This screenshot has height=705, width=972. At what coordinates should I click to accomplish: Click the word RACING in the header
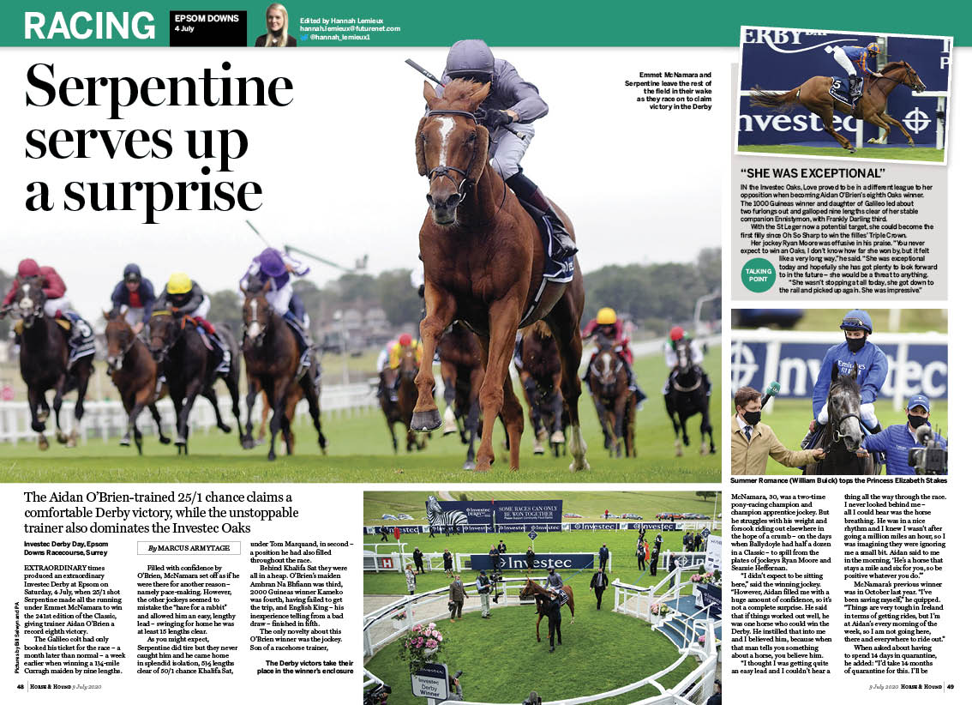(x=89, y=26)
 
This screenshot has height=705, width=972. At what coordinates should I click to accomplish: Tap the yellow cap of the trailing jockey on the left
(x=179, y=283)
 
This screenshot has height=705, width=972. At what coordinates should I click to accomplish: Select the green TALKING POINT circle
(x=759, y=275)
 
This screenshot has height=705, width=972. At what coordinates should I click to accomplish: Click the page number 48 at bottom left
(x=20, y=686)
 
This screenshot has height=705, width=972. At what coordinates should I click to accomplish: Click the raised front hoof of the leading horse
(x=426, y=419)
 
